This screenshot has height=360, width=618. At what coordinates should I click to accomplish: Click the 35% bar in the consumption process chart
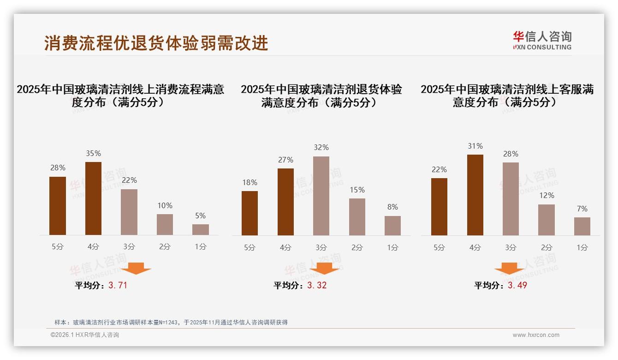click(x=93, y=198)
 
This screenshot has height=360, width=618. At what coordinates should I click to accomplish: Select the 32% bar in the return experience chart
click(x=321, y=196)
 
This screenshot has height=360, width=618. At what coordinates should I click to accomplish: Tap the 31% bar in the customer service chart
click(x=475, y=195)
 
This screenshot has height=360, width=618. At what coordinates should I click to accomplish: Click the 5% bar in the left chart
click(x=201, y=229)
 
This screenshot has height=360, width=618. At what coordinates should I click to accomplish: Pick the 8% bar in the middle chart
click(x=392, y=226)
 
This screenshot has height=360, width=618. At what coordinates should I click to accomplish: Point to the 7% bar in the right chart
click(x=582, y=226)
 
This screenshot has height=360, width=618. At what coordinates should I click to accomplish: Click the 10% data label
click(x=165, y=205)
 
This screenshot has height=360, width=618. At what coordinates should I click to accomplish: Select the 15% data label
click(x=357, y=190)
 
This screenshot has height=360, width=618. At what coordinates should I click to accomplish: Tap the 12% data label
click(x=547, y=195)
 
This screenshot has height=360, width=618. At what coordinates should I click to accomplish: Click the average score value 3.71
click(x=118, y=285)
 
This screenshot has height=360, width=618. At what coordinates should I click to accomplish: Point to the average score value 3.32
click(x=317, y=285)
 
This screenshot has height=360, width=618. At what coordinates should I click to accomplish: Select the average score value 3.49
click(x=517, y=285)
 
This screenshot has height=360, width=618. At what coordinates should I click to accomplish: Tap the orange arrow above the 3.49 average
click(x=509, y=269)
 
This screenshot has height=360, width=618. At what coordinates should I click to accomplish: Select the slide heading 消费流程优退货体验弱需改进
click(x=156, y=43)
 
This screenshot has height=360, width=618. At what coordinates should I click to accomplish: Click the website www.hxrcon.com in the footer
click(x=536, y=335)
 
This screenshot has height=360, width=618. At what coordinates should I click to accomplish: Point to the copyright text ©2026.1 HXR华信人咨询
click(x=85, y=335)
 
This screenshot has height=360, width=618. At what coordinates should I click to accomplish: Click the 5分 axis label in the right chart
click(x=439, y=247)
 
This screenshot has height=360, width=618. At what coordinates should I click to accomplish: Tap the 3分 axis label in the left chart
click(x=129, y=246)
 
